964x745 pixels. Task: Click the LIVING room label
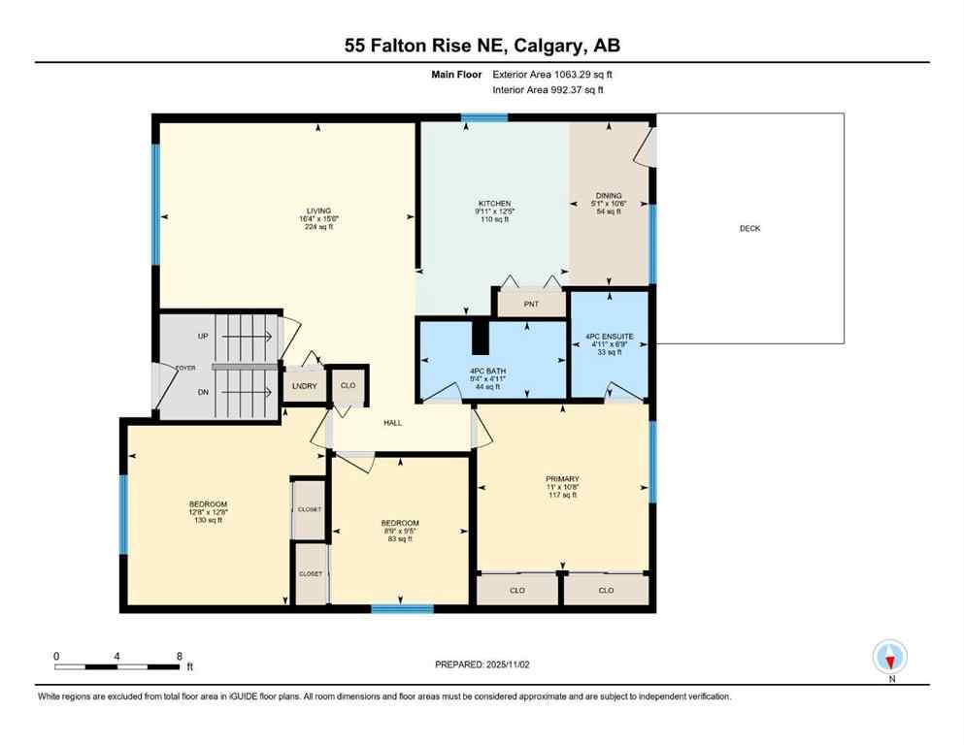[318, 211]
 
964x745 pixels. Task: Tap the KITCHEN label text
[493, 204]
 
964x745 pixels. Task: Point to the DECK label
[749, 229]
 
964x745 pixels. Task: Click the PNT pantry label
[530, 305]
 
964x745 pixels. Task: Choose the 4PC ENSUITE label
[609, 337]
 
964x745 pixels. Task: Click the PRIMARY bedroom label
[562, 479]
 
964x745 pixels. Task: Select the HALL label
[392, 423]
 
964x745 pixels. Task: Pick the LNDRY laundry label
[304, 385]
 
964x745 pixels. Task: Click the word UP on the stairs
[203, 337]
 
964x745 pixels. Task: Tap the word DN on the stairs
[203, 393]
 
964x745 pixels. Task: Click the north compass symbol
[890, 657]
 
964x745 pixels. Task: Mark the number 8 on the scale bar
[180, 656]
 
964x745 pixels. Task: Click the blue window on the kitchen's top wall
[483, 118]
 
